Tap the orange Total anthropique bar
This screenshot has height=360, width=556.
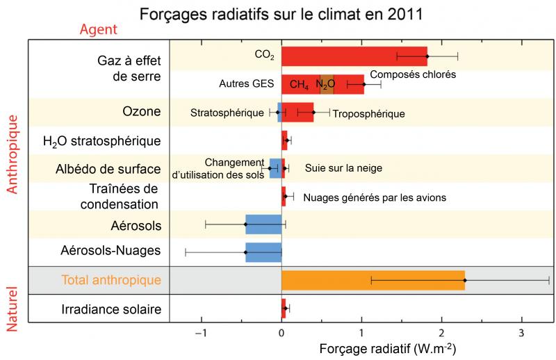pyautogui.click(x=373, y=280)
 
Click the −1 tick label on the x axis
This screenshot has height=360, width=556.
pyautogui.click(x=201, y=333)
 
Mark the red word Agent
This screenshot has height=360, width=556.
pyautogui.click(x=99, y=30)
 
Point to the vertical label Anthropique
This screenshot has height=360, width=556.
pyautogui.click(x=12, y=153)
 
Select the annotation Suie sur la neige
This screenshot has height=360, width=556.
pyautogui.click(x=344, y=168)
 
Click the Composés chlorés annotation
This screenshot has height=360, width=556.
pyautogui.click(x=413, y=74)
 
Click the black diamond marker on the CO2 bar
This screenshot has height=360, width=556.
pyautogui.click(x=427, y=56)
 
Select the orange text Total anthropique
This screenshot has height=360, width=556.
pyautogui.click(x=111, y=280)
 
